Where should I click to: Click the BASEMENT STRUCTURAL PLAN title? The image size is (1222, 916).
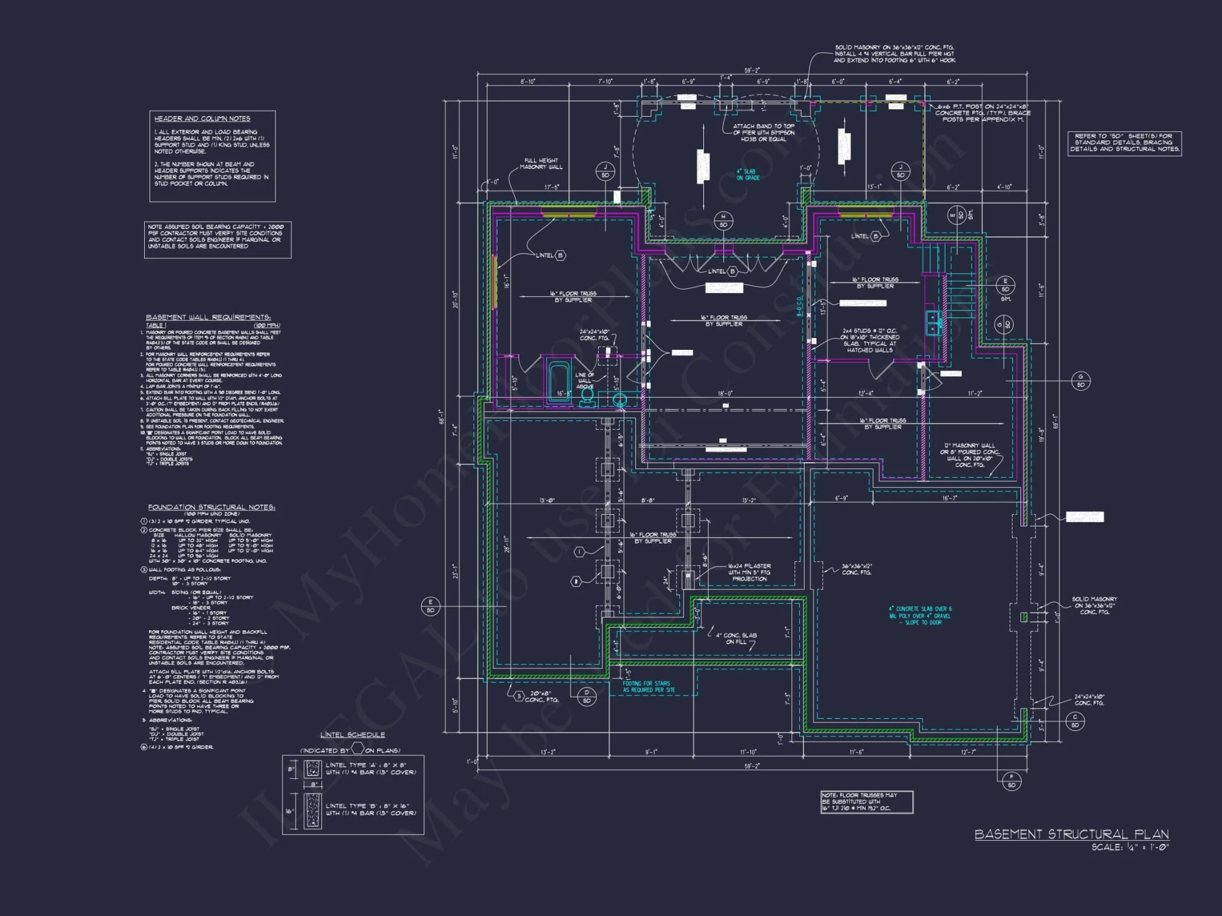coord(1071,834)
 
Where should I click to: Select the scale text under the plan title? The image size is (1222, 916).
coord(1130,848)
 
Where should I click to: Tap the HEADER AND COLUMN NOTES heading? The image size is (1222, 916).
coord(202,118)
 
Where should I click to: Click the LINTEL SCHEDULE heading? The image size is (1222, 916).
coord(353,735)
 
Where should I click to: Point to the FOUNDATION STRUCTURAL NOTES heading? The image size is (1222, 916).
coord(211,507)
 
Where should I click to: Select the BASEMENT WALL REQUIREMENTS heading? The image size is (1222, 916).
coord(208,317)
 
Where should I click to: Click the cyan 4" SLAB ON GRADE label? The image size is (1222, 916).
coord(748,175)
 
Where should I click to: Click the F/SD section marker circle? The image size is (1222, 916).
coord(1011,781)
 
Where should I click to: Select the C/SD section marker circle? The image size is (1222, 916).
coord(1075,721)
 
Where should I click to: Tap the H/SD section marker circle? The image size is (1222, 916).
coord(723,221)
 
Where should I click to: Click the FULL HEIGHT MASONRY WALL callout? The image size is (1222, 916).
coord(541,164)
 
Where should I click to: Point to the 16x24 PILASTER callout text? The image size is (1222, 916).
coord(749,572)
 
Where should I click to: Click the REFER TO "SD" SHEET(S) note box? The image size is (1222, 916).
coord(1124,143)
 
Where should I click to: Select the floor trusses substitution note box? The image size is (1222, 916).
coord(866,802)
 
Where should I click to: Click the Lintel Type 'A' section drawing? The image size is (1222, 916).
coord(312,769)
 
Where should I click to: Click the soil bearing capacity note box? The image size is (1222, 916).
coord(218,239)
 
